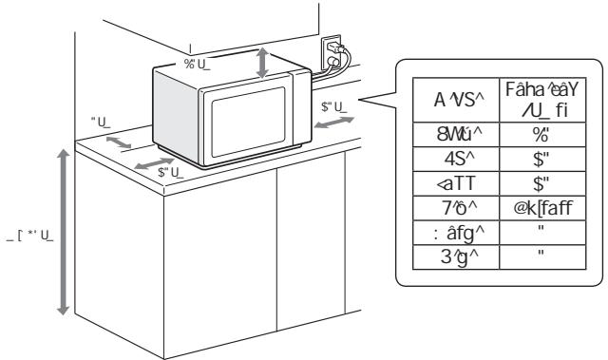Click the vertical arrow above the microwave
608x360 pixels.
(265, 61)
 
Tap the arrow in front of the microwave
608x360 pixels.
(154, 165)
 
